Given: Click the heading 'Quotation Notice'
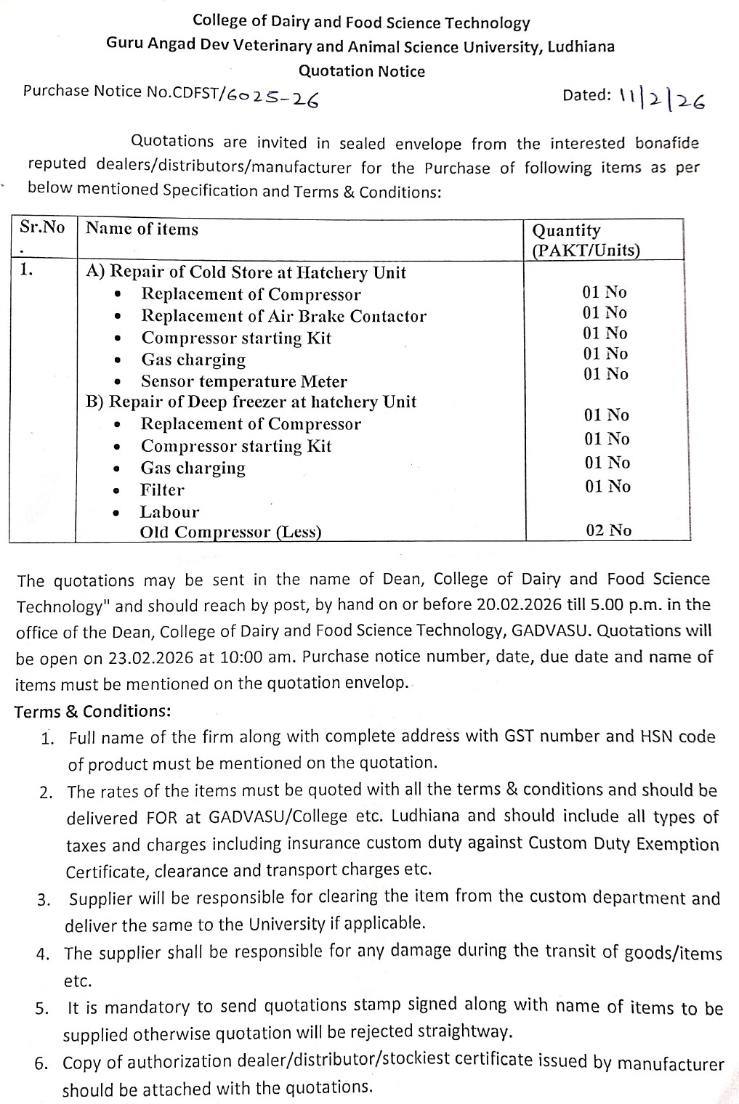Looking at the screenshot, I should point(362,71).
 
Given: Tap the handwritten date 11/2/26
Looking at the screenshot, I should point(662,99).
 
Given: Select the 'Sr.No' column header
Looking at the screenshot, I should point(42,227).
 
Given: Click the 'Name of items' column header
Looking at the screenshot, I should point(142,229).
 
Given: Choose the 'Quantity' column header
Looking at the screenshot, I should point(567,231).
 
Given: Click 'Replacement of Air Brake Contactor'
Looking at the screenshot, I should point(283,316).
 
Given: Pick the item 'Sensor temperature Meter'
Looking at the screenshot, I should point(243,381).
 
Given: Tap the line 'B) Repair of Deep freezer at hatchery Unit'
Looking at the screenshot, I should point(251,402).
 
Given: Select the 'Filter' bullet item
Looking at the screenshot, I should point(162,490).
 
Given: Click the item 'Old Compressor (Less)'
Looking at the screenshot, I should point(230,532).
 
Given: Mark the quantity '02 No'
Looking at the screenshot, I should point(608,530).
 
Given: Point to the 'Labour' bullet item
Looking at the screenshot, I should point(169,511).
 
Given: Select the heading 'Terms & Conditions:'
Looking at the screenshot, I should point(93,710).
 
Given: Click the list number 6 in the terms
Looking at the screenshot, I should point(42,1063).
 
